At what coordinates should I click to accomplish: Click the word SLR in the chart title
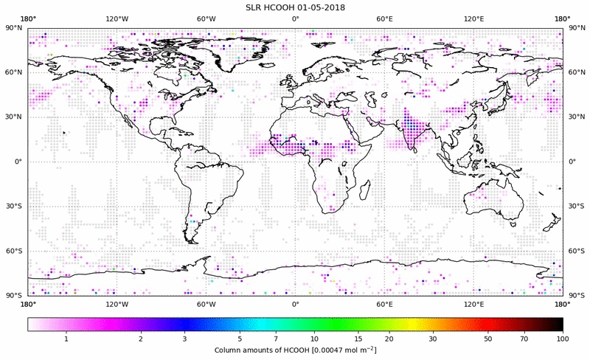pos(254,7)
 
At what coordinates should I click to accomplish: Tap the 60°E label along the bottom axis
pos(384,304)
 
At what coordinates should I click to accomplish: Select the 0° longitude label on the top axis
pos(295,18)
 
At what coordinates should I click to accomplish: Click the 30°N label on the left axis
pos(14,117)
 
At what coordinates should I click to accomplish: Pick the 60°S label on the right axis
pos(575,251)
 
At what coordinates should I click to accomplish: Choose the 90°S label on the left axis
pos(14,295)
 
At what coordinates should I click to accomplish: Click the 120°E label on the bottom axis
pos(473,304)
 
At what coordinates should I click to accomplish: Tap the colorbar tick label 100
pos(562,339)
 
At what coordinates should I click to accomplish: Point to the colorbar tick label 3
pos(184,339)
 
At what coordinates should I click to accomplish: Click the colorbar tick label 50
pos(488,339)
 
